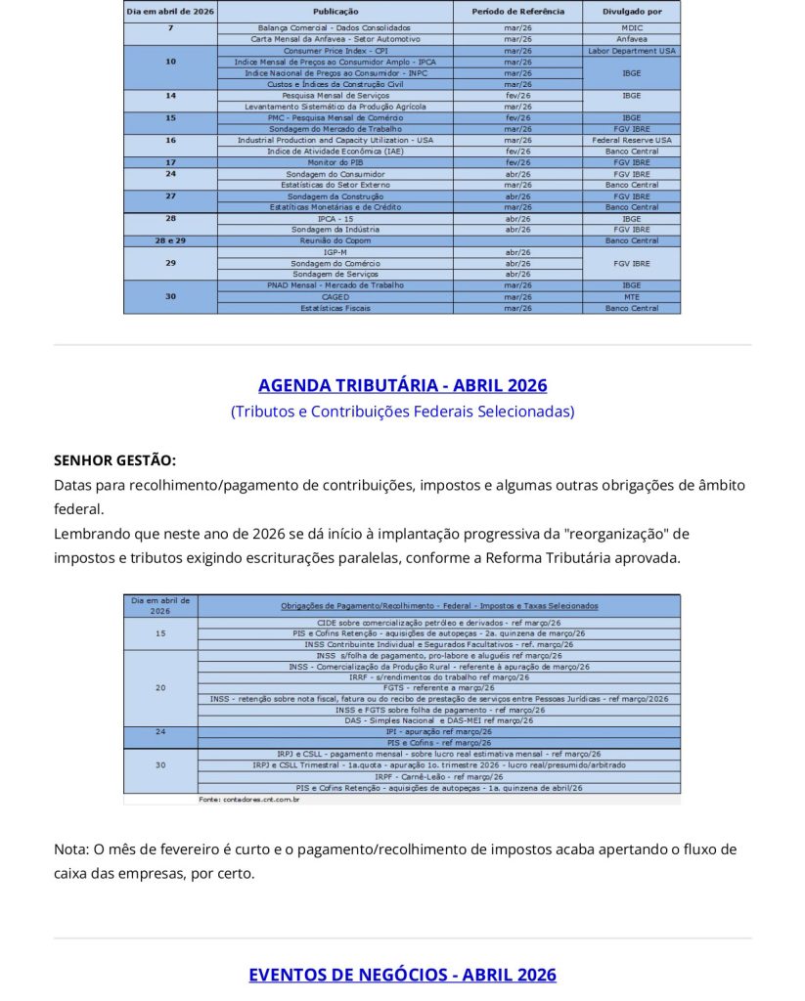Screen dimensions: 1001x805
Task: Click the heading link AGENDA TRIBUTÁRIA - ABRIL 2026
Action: pos(402,385)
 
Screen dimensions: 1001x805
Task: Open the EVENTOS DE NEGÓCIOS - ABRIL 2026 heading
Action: pos(402,975)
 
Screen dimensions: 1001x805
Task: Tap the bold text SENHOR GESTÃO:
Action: pos(114,460)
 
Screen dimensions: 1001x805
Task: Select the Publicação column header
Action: pos(335,12)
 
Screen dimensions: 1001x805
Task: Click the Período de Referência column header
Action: pos(517,12)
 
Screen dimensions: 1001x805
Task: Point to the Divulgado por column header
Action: pos(631,12)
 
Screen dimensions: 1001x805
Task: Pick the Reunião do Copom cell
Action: pos(335,240)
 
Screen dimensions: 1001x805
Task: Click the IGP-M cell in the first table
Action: pos(335,252)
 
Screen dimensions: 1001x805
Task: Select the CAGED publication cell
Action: pos(335,297)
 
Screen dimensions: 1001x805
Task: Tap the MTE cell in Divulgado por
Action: pos(631,297)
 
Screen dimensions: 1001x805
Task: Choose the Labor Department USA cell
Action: pos(631,51)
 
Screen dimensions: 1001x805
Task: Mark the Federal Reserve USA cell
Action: pos(631,140)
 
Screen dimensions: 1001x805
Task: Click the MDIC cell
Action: pos(631,28)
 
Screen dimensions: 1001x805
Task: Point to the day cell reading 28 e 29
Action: pos(170,240)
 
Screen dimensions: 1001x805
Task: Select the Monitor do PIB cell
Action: pos(335,162)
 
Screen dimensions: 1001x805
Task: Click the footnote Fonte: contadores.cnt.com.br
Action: pos(248,800)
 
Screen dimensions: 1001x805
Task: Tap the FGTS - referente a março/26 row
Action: pos(438,687)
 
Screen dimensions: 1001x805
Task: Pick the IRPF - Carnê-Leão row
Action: pos(438,776)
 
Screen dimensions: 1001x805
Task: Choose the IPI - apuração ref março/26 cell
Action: pos(438,731)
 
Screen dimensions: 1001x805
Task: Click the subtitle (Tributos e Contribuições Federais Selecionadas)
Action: pos(402,412)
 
